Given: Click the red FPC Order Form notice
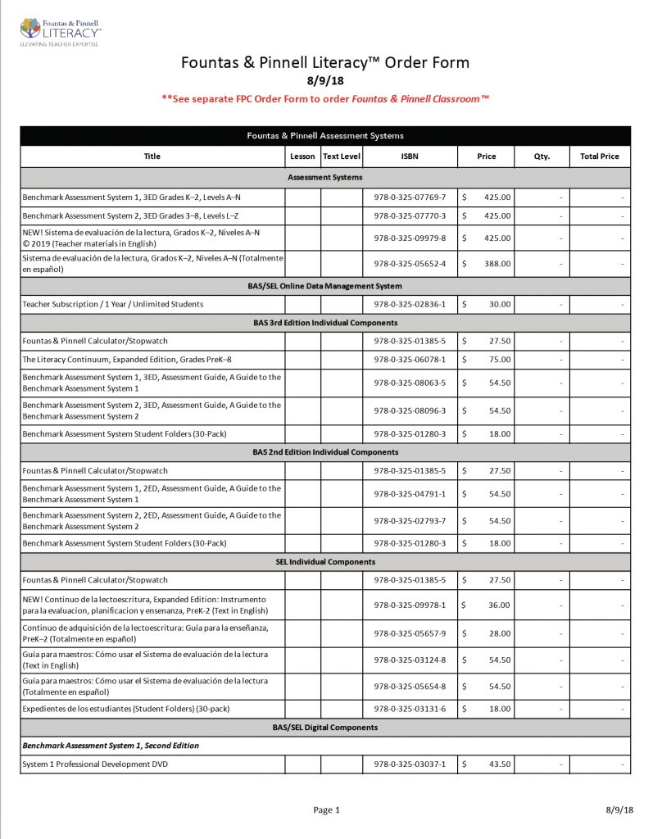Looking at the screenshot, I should tap(325, 98).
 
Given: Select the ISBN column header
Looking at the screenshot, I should tap(409, 156).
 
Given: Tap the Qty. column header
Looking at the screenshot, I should tap(542, 156).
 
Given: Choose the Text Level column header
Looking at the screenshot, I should tap(342, 156).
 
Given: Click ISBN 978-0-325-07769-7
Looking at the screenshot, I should tap(409, 197).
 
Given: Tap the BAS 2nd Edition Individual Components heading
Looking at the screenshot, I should tap(325, 451).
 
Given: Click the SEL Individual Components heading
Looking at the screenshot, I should tap(325, 562).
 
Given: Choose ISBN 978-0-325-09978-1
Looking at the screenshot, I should tap(409, 605).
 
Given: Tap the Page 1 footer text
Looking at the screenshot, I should tap(326, 810).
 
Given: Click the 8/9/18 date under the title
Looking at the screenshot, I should tap(325, 81).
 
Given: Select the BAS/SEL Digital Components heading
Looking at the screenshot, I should tap(325, 728).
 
